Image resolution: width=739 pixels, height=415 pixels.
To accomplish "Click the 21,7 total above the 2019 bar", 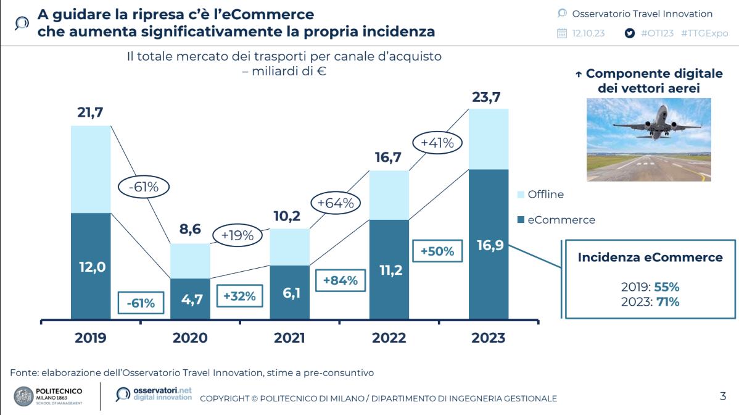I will [x=90, y=112].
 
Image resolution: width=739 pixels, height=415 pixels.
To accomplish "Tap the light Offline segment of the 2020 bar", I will [x=190, y=261].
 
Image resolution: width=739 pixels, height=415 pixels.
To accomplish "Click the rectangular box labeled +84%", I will [x=340, y=280].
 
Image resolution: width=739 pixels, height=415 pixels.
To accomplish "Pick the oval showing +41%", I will [x=437, y=143].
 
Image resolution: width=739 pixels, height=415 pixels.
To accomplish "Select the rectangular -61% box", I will [x=141, y=303].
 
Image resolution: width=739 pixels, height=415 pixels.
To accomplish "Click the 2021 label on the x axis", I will [x=289, y=338].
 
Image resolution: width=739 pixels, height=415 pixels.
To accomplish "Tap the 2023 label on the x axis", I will [x=488, y=338].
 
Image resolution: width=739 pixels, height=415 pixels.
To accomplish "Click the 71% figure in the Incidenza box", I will [x=667, y=302].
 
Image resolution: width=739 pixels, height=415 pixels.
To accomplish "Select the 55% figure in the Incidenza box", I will [x=667, y=287].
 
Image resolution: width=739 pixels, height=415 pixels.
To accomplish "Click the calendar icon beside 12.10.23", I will [x=561, y=33].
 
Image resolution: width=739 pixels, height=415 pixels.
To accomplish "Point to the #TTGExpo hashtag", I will [x=704, y=33].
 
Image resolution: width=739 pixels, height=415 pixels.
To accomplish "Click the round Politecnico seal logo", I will [x=23, y=396].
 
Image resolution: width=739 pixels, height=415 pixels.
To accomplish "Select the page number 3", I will [x=723, y=396].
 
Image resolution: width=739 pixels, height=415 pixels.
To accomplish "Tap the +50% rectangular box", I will [x=437, y=251].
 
